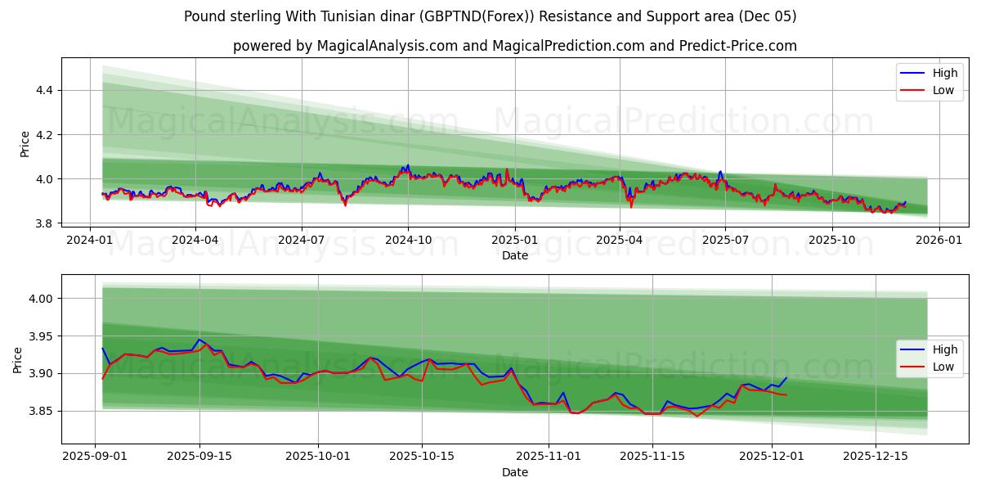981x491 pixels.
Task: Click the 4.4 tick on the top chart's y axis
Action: point(43,90)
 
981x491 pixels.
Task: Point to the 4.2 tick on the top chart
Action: point(43,134)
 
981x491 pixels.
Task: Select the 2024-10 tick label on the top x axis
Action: point(408,240)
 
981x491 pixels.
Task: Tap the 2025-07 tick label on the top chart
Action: point(725,240)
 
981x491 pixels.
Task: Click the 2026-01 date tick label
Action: point(938,240)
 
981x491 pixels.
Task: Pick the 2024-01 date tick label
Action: point(89,240)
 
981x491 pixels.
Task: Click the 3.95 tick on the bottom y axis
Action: point(40,336)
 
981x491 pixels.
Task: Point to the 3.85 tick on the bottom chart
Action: point(40,411)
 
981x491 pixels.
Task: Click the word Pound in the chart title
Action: point(203,16)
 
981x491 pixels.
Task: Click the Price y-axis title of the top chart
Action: point(25,144)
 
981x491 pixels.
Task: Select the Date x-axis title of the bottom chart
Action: point(515,472)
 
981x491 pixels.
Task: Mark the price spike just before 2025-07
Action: point(719,172)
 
